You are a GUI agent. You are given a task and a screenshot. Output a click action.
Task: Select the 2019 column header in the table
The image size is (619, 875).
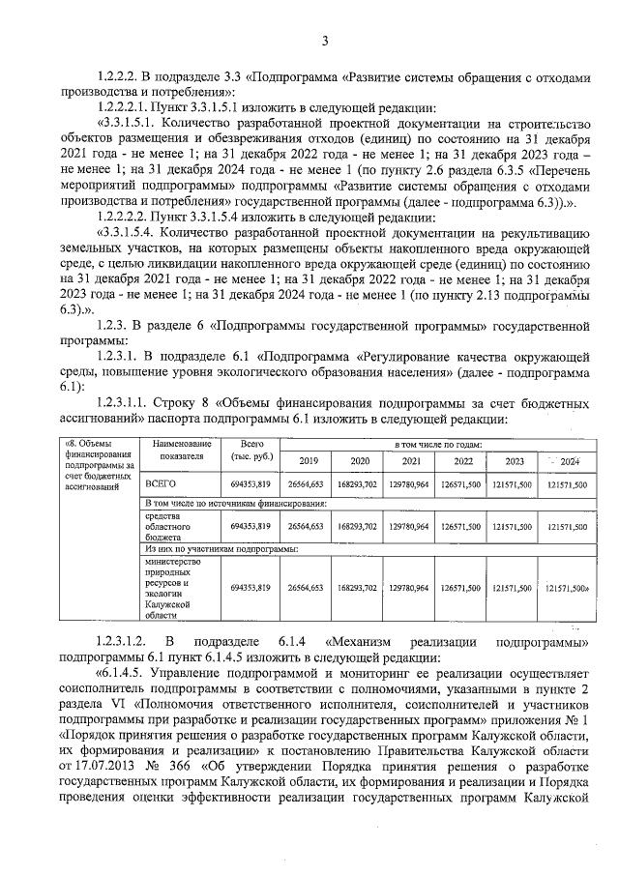click(309, 461)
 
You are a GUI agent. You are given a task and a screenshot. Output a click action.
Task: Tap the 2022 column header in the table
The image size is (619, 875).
click(462, 461)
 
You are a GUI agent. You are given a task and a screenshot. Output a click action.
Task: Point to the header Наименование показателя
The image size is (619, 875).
click(182, 448)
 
